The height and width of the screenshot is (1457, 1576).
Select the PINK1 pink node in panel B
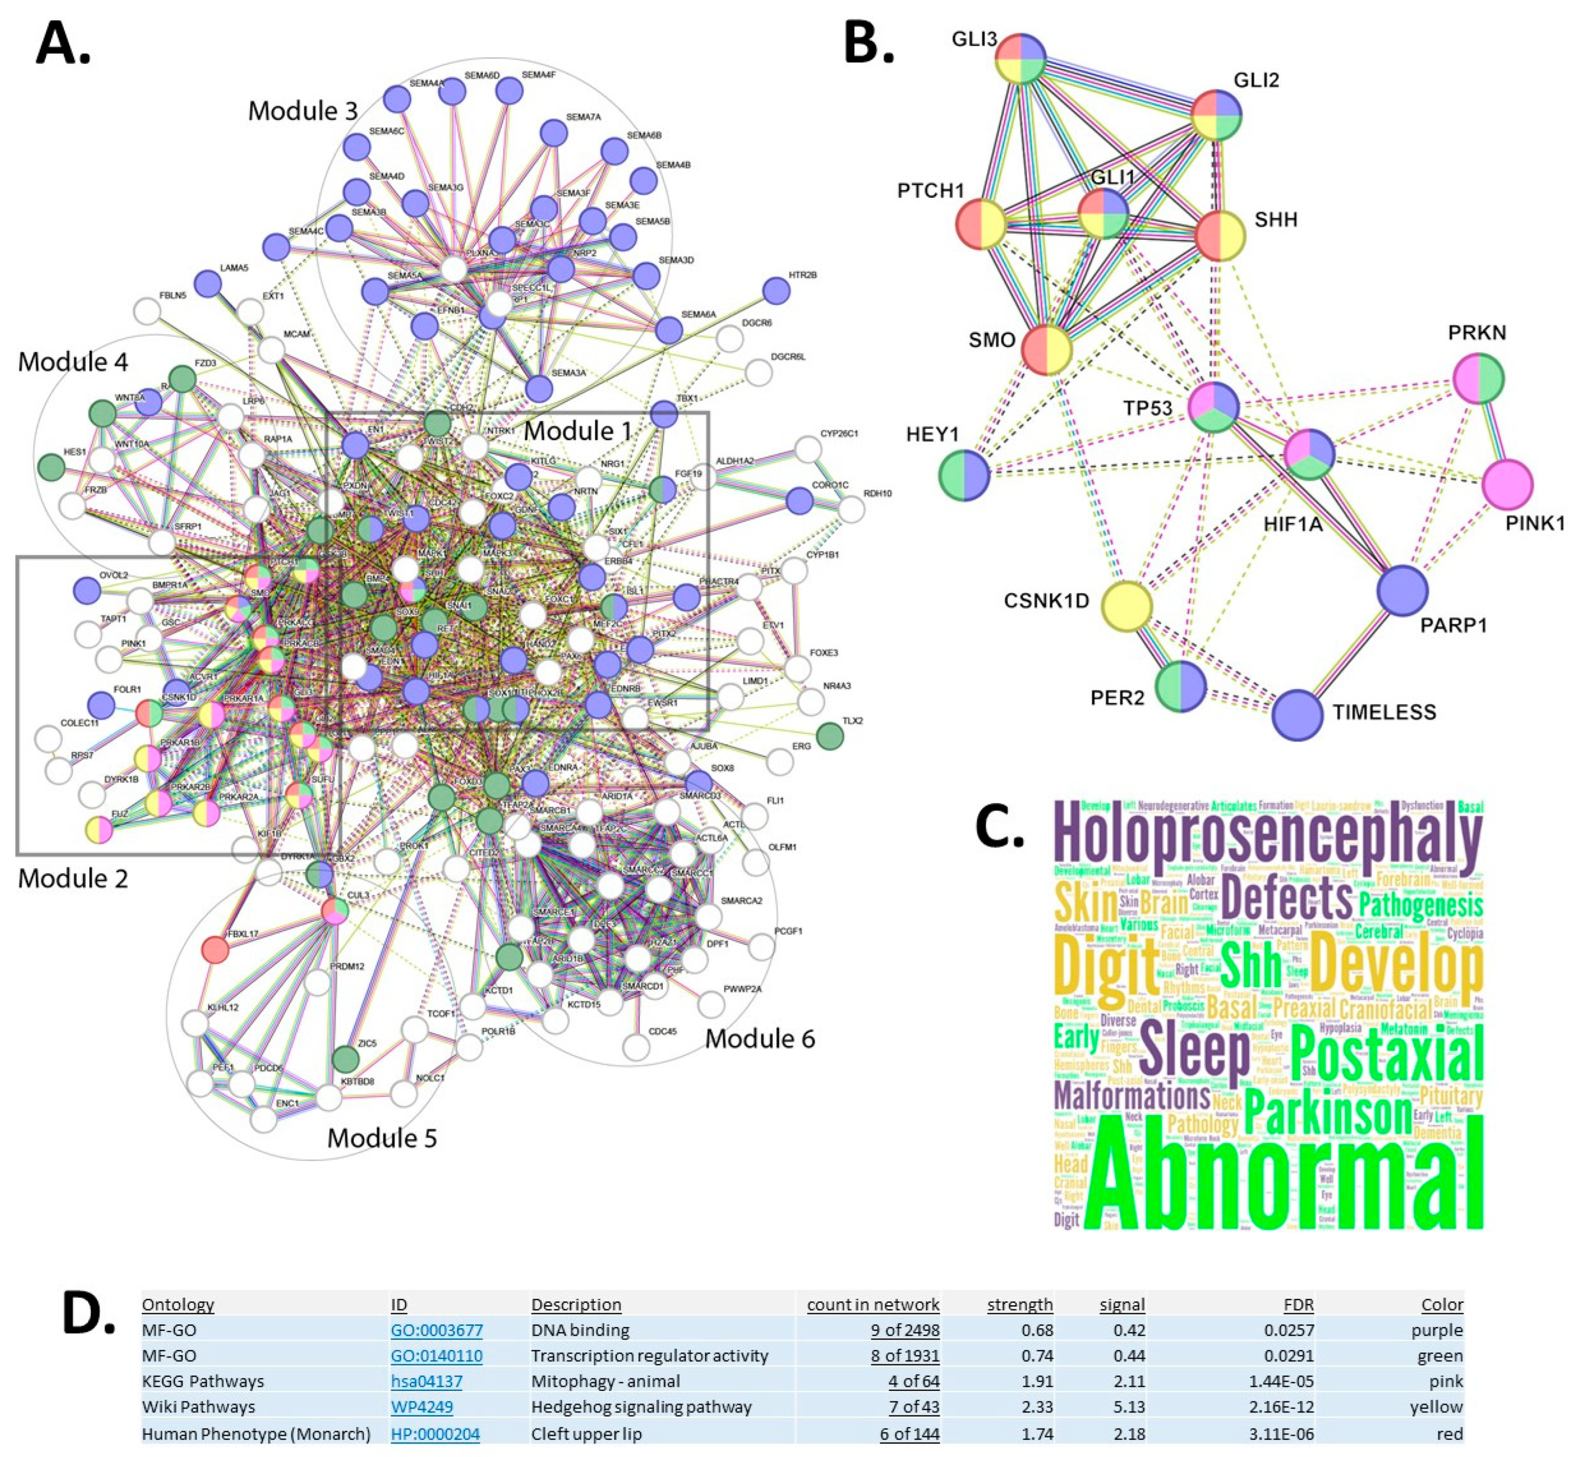(x=1506, y=484)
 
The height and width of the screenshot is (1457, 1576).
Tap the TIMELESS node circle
(x=1297, y=714)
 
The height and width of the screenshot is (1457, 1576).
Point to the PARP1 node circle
(x=1402, y=590)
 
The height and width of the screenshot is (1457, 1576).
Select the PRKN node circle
(x=1479, y=379)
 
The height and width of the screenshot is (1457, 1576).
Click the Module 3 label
(x=303, y=111)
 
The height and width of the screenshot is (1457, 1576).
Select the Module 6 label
(x=759, y=1038)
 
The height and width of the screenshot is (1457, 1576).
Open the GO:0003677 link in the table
(x=436, y=1330)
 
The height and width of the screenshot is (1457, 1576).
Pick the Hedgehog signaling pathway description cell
(x=641, y=1406)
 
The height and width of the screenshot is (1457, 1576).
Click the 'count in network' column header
(x=873, y=1304)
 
